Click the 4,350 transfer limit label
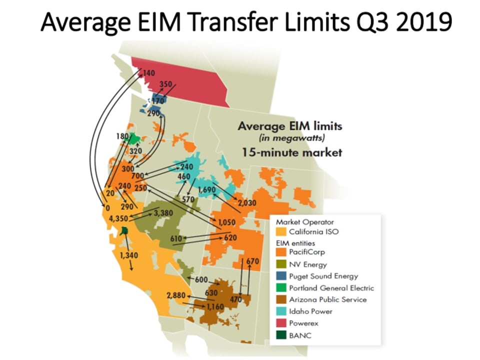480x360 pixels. tap(118, 218)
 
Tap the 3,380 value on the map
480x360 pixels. tap(163, 213)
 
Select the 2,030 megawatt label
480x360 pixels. tap(247, 202)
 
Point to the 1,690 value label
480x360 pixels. tap(206, 190)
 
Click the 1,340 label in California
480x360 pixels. tap(129, 255)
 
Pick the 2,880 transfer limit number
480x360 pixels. tap(176, 295)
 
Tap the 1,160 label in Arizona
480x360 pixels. tap(215, 306)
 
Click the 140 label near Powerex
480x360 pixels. tap(149, 73)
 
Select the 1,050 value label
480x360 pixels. tap(226, 222)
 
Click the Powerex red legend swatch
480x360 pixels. tap(281, 323)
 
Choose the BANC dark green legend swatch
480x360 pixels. tap(281, 335)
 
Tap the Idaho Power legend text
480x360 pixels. tap(310, 311)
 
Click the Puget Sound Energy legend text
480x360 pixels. tap(323, 276)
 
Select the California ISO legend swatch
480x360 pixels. tap(281, 231)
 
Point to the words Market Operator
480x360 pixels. tap(305, 222)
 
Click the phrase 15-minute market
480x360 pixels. tap(292, 152)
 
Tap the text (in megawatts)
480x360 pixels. tap(291, 138)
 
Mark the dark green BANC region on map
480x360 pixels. tap(124, 230)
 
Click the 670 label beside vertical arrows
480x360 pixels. tap(252, 261)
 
